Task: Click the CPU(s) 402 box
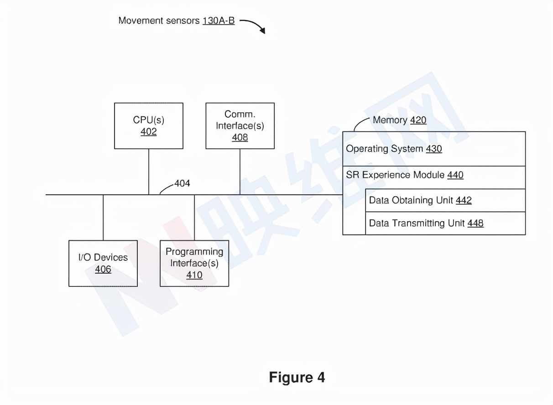pyautogui.click(x=149, y=125)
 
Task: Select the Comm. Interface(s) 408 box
pyautogui.click(x=240, y=125)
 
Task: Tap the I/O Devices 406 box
pyautogui.click(x=103, y=263)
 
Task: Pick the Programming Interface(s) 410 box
pyautogui.click(x=194, y=263)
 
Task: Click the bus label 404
pyautogui.click(x=182, y=183)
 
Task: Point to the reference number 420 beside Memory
pyautogui.click(x=418, y=120)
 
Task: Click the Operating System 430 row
pyautogui.click(x=433, y=149)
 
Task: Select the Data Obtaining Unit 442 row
pyautogui.click(x=445, y=200)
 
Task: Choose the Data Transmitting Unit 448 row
pyautogui.click(x=445, y=223)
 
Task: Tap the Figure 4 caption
pyautogui.click(x=297, y=377)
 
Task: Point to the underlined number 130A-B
pyautogui.click(x=219, y=21)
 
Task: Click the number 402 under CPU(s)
pyautogui.click(x=149, y=132)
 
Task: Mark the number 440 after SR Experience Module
pyautogui.click(x=455, y=175)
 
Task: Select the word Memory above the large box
pyautogui.click(x=390, y=120)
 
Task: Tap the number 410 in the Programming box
pyautogui.click(x=194, y=275)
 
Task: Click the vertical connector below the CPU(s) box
pyautogui.click(x=149, y=171)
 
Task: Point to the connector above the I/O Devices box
pyautogui.click(x=103, y=217)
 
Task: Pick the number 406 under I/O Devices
pyautogui.click(x=103, y=270)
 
